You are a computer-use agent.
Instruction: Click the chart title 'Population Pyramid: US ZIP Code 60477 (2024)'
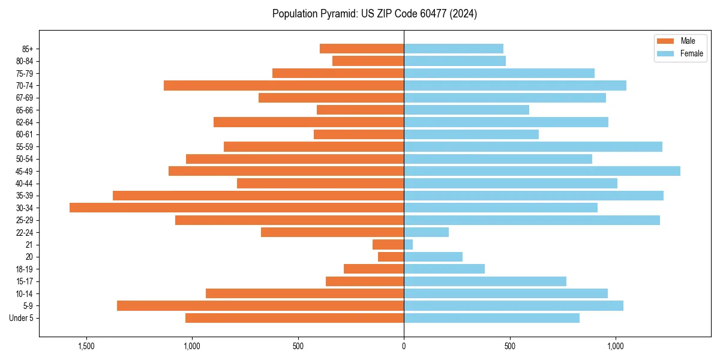coord(374,14)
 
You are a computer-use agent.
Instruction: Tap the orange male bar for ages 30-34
coord(236,208)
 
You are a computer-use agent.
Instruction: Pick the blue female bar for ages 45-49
coord(542,171)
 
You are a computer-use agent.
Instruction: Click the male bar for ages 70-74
coord(284,85)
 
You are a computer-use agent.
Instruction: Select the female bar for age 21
coord(409,244)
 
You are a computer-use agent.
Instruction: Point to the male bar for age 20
coord(391,257)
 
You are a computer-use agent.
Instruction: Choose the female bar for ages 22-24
coord(426,232)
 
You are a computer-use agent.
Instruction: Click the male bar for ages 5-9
coord(260,305)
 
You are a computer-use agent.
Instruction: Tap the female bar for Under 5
coord(491,318)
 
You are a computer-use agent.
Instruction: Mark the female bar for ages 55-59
coord(533,146)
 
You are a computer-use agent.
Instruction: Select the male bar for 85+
coord(362,49)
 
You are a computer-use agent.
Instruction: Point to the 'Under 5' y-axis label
coord(22,318)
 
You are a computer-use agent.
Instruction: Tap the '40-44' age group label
coord(25,184)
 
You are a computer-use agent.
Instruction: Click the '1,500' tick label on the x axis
coord(86,346)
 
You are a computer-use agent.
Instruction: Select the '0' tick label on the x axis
coord(404,346)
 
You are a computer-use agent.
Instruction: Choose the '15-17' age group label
coord(25,281)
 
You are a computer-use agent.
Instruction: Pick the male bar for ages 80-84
coord(368,61)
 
